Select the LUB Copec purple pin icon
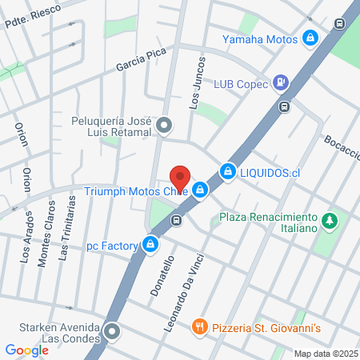point(281,82)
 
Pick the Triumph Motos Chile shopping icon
point(201,190)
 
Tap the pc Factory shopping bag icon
point(150,244)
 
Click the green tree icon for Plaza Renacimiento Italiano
point(328,220)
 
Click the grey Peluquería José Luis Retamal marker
point(164,125)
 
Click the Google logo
point(26,350)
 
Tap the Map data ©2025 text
point(326,354)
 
